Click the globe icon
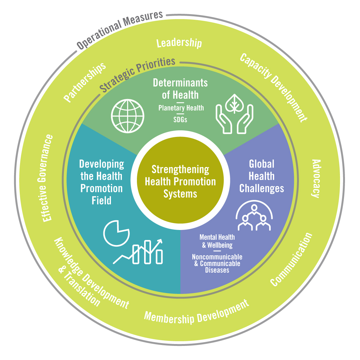pyautogui.click(x=128, y=116)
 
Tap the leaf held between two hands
pyautogui.click(x=234, y=103)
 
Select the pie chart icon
pyautogui.click(x=116, y=233)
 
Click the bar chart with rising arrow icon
pyautogui.click(x=138, y=251)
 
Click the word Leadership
pyautogui.click(x=179, y=43)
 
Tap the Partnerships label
pyautogui.click(x=85, y=82)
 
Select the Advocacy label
pyautogui.click(x=316, y=178)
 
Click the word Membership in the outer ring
pyautogui.click(x=169, y=317)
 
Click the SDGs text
pyautogui.click(x=180, y=120)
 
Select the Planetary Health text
pyautogui.click(x=181, y=108)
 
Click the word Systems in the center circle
pyautogui.click(x=180, y=194)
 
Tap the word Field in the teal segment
pyautogui.click(x=102, y=201)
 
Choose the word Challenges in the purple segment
pyautogui.click(x=262, y=189)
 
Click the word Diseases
pyautogui.click(x=217, y=270)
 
